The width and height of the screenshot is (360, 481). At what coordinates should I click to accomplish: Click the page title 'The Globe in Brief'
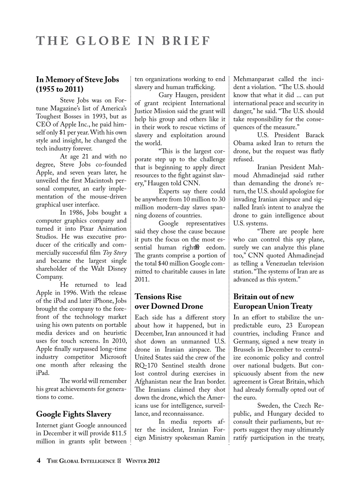point(123,41)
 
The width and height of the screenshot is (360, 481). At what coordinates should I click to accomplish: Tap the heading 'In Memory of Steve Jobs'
point(77,80)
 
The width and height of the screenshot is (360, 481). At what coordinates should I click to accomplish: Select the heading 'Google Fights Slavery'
point(74,414)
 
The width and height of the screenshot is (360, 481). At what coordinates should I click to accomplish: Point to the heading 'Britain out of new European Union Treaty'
point(273,301)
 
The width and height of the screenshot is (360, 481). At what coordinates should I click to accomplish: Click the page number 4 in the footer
point(38,461)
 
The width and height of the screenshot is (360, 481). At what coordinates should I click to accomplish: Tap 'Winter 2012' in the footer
point(143,461)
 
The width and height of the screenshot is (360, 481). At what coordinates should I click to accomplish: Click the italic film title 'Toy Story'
point(114,253)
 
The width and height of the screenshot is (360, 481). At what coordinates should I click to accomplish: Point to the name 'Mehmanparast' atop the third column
point(253,79)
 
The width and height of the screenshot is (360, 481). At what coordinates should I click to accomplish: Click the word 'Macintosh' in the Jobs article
point(103,180)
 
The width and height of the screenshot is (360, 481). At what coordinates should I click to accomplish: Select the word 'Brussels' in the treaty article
point(246,349)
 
